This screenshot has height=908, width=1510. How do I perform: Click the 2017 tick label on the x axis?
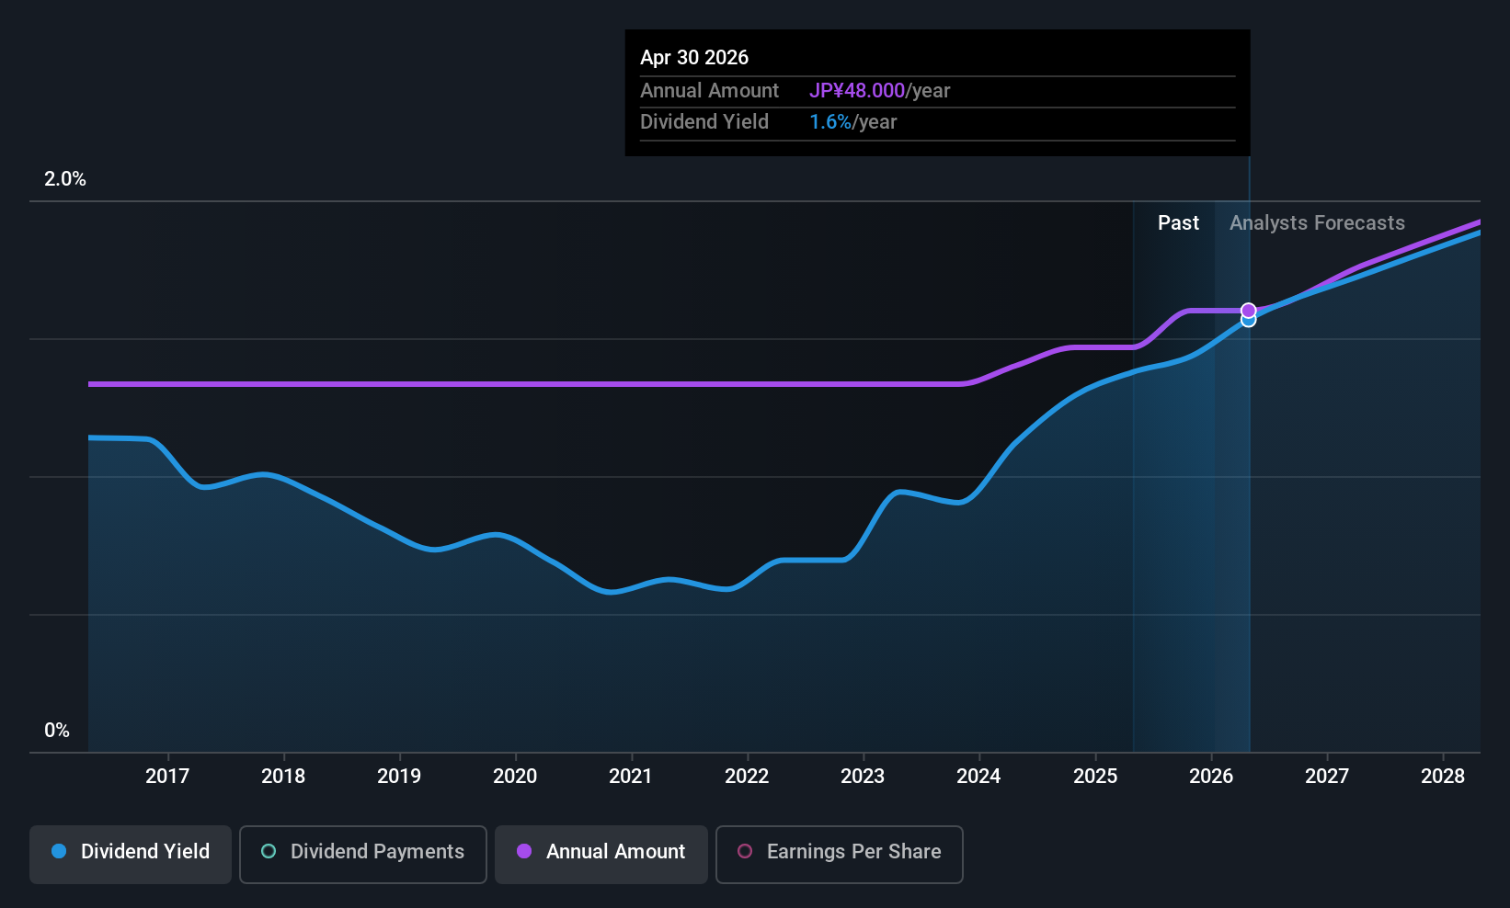tap(168, 776)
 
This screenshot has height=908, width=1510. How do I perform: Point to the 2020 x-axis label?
tap(515, 776)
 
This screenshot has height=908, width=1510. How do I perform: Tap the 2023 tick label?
tap(863, 776)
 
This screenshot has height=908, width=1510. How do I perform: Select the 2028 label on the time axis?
tap(1443, 776)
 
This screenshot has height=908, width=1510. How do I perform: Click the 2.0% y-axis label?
tap(64, 179)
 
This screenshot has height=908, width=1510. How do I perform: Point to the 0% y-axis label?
tap(57, 731)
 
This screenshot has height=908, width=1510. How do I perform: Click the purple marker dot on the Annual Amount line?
tap(1249, 311)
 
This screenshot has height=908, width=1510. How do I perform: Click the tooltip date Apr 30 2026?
tap(693, 57)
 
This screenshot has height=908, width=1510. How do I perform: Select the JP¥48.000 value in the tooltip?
tap(857, 90)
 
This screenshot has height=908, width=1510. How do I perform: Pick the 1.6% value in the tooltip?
tap(829, 122)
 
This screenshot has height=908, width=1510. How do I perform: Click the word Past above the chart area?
tap(1178, 223)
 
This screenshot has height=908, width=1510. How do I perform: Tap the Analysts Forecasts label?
tap(1317, 223)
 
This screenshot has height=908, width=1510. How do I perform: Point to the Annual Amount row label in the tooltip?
tap(709, 90)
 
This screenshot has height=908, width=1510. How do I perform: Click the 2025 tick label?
tap(1095, 776)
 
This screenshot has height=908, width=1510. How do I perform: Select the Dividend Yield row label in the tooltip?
tap(704, 122)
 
